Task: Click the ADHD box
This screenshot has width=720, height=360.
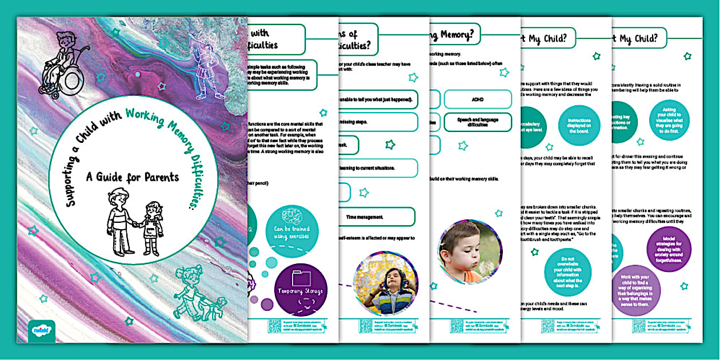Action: (478, 99)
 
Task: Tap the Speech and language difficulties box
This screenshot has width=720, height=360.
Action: (478, 122)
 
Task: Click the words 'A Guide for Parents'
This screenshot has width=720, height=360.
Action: (133, 177)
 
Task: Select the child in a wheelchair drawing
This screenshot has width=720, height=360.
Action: (64, 64)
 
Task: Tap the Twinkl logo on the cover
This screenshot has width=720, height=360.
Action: (41, 331)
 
